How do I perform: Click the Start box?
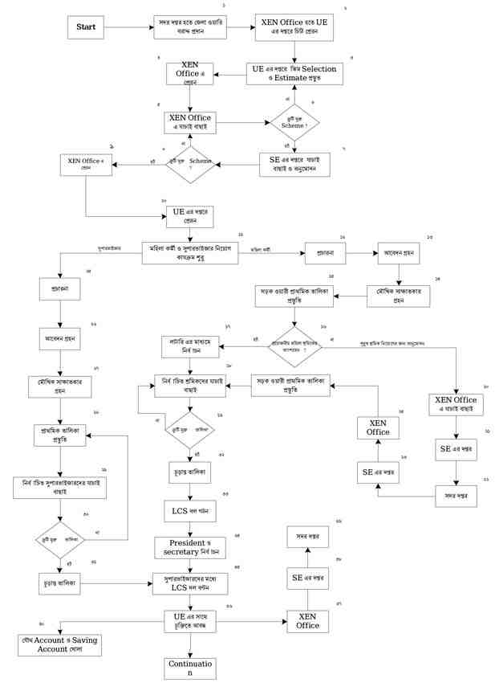tap(86, 27)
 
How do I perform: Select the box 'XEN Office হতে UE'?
tap(295, 27)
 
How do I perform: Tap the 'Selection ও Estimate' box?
tap(294, 73)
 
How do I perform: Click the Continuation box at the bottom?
tap(190, 668)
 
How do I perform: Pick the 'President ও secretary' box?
tap(190, 548)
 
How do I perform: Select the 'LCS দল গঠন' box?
tap(190, 509)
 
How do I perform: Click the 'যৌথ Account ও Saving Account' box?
tap(60, 644)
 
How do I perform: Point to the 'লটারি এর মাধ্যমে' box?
tap(190, 347)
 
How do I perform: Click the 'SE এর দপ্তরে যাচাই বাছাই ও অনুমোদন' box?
tap(294, 165)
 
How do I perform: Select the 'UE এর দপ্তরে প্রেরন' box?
tap(190, 215)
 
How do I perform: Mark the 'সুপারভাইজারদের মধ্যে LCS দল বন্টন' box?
tap(190, 582)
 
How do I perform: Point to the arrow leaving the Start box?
tap(128, 27)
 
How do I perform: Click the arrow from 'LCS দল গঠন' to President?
tap(190, 529)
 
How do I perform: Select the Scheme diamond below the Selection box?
tap(294, 123)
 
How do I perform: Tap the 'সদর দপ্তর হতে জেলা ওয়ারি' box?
tap(190, 27)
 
